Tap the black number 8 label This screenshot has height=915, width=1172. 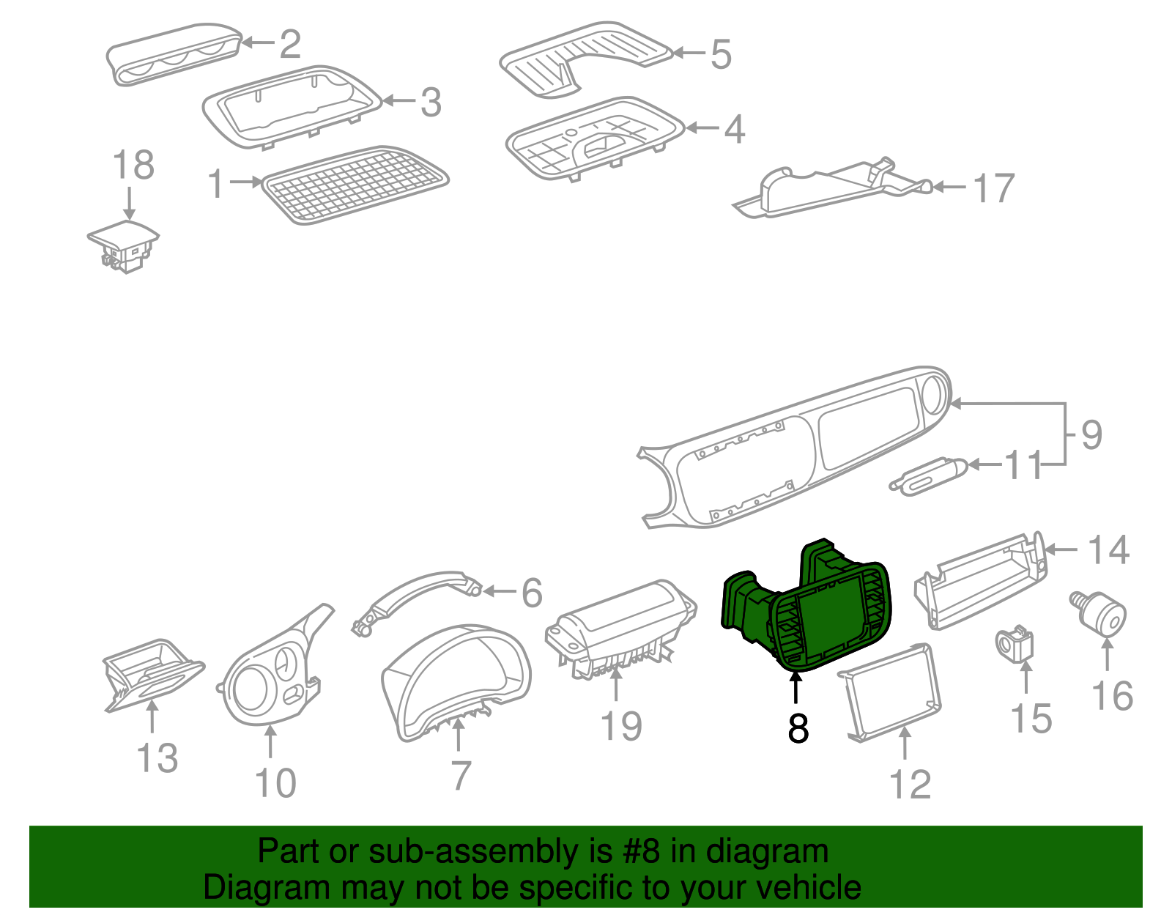pyautogui.click(x=798, y=728)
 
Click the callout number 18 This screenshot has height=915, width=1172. pyautogui.click(x=133, y=166)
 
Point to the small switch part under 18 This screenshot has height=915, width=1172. pyautogui.click(x=123, y=246)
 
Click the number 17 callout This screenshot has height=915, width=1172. pyautogui.click(x=993, y=189)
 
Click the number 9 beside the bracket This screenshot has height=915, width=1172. pyautogui.click(x=1091, y=435)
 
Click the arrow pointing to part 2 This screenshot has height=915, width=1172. pyautogui.click(x=257, y=42)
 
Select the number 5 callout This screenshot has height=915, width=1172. pyautogui.click(x=721, y=54)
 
